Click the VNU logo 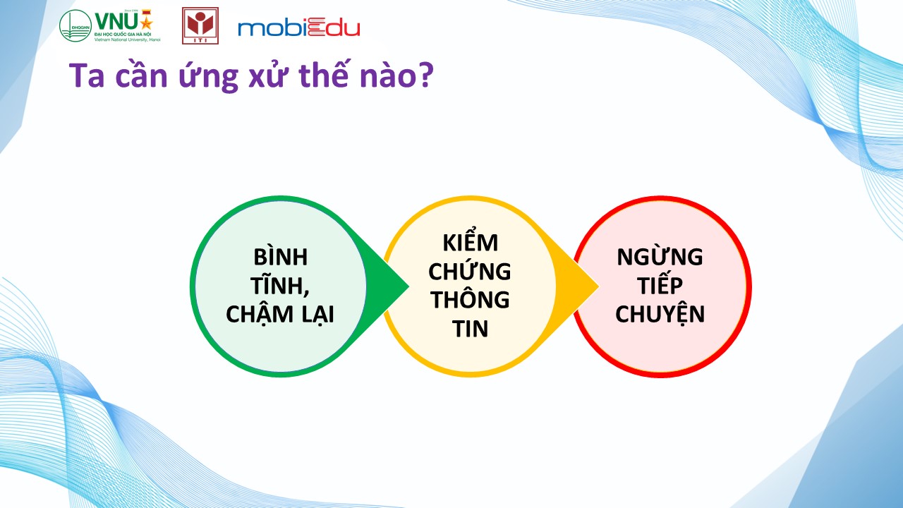(x=109, y=25)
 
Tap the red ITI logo (x=200, y=25)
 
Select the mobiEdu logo (x=298, y=28)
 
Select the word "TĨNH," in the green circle (x=280, y=284)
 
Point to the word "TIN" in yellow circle (x=470, y=329)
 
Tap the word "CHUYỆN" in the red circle (x=660, y=315)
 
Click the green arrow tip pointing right (x=408, y=286)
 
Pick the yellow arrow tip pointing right (x=598, y=286)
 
